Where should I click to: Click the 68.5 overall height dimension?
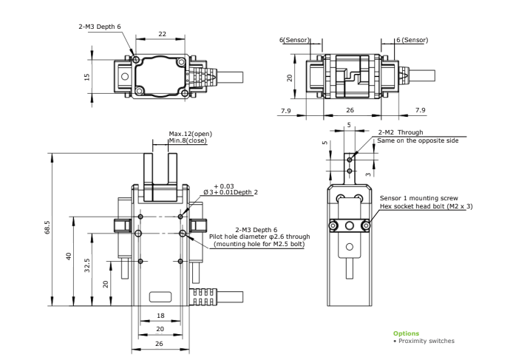tap(47, 227)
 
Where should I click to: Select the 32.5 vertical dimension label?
tap(87, 265)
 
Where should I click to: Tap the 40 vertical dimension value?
tap(69, 257)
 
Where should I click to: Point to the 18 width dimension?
tap(160, 316)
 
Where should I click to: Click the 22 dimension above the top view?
tap(163, 34)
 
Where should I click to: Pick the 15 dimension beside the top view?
tap(86, 77)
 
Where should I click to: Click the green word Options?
tap(406, 333)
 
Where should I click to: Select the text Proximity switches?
tap(427, 341)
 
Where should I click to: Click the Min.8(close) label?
tap(188, 140)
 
